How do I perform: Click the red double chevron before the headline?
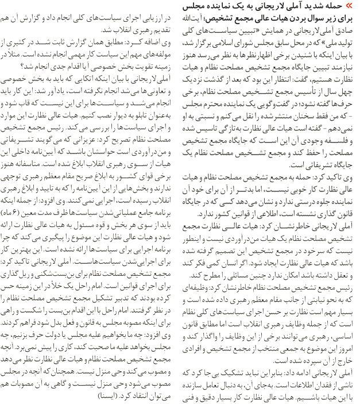pyautogui.click(x=351, y=6)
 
